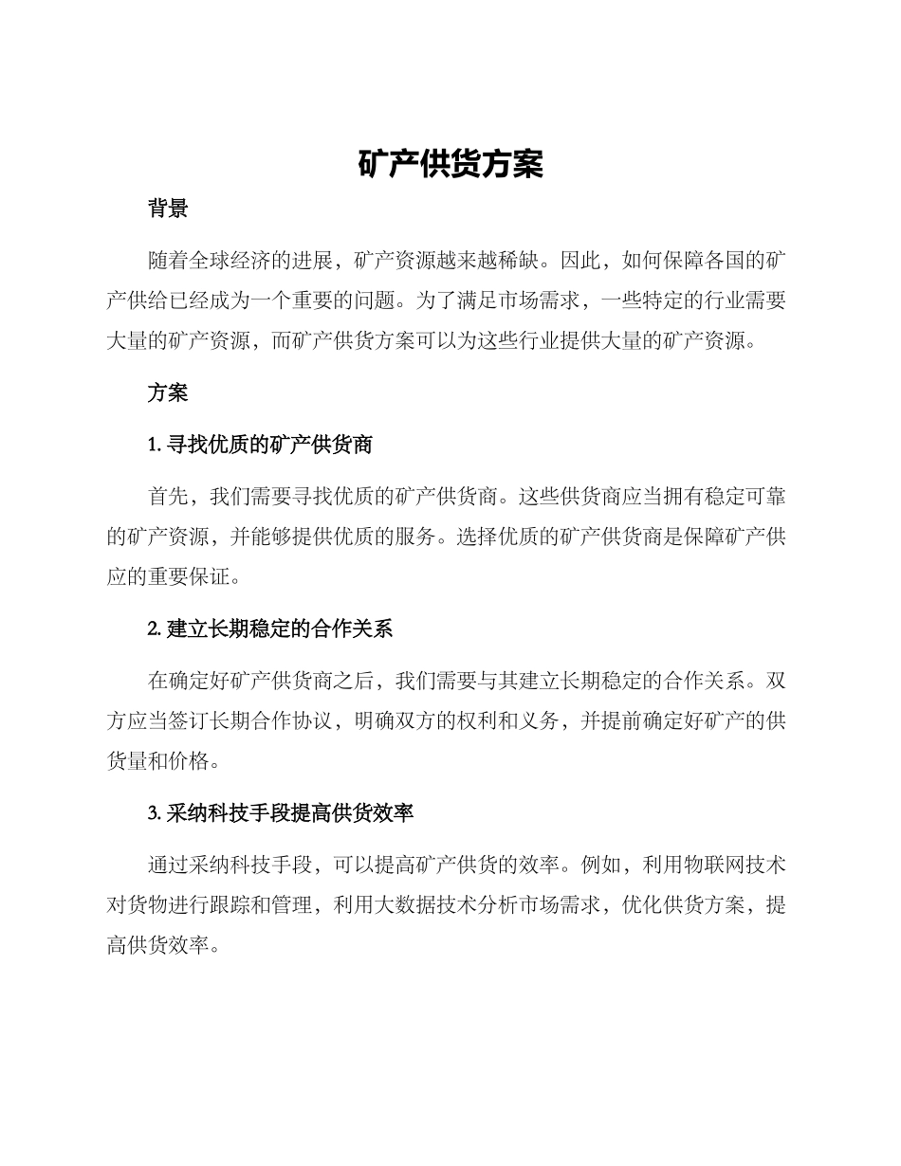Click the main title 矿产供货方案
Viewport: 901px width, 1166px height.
click(x=450, y=164)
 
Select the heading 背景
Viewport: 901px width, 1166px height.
click(x=168, y=210)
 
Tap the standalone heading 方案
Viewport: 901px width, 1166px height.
click(x=168, y=392)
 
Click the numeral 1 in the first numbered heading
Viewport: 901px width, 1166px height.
click(x=152, y=443)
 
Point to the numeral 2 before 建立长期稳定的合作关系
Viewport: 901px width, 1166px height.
click(x=153, y=629)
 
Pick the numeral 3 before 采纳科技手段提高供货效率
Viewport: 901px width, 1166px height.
click(x=153, y=813)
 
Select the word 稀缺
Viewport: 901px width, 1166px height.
click(x=516, y=258)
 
